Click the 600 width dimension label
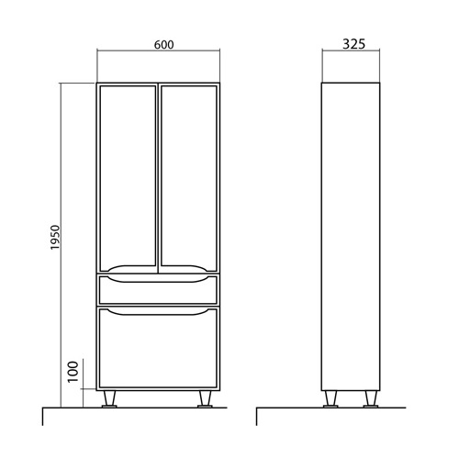[x=164, y=45]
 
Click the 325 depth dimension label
[x=353, y=44]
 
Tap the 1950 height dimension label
[x=55, y=238]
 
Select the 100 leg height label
[x=73, y=372]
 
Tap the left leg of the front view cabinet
[x=109, y=399]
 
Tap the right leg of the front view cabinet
[x=205, y=399]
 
